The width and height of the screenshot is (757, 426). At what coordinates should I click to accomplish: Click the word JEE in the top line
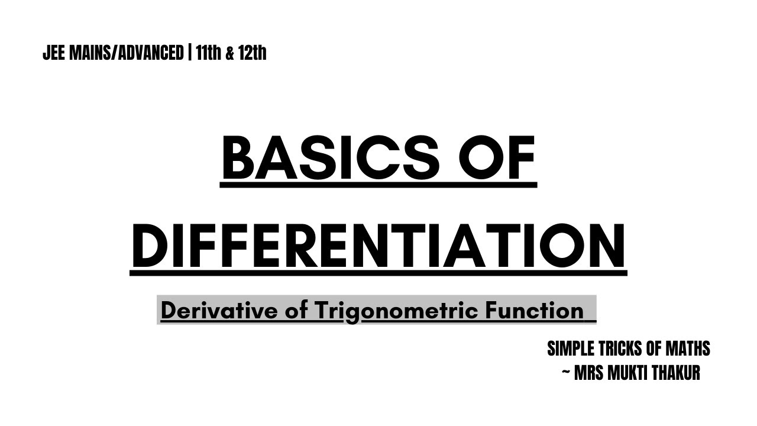click(54, 53)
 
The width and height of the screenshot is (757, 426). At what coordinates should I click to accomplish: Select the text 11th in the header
click(208, 53)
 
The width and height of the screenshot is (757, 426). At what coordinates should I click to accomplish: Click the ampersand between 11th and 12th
click(230, 53)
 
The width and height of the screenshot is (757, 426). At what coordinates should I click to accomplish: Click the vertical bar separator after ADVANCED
click(190, 53)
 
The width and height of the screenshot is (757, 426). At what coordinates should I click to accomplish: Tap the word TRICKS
click(620, 349)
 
